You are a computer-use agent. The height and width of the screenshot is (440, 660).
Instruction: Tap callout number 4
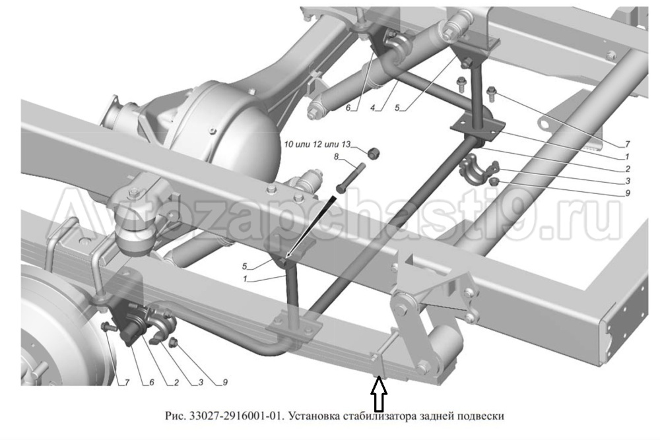(374, 107)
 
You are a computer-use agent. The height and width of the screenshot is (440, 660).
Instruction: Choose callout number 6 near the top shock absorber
(349, 107)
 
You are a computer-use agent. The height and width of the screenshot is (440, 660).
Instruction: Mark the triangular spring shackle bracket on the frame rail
(432, 290)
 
